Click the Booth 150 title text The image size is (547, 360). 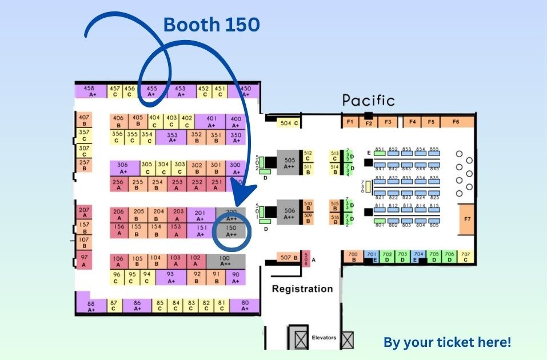click(211, 25)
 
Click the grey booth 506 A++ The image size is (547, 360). click(289, 214)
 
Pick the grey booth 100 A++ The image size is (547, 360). click(225, 261)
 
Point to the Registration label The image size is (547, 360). click(302, 289)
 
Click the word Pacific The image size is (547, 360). click(368, 101)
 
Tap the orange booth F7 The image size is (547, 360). click(467, 219)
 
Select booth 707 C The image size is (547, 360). click(465, 257)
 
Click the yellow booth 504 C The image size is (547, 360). click(289, 123)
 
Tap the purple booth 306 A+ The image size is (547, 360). click(123, 167)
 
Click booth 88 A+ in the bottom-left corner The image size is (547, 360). click(91, 306)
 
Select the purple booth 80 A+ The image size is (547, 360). click(245, 305)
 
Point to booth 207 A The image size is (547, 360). click(83, 213)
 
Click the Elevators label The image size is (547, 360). click(324, 338)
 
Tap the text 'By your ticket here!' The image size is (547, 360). click(447, 342)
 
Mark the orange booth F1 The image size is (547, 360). click(350, 122)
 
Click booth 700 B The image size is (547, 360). click(353, 257)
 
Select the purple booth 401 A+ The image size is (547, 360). click(211, 121)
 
